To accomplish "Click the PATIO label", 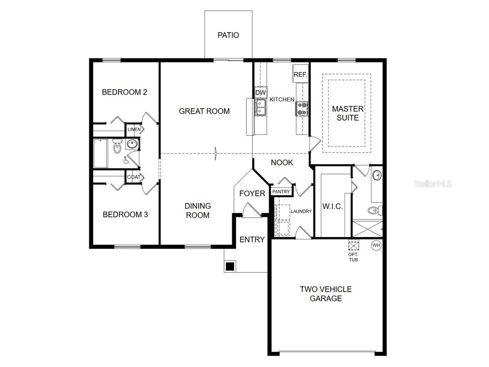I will click(228, 35).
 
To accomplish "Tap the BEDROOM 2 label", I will click(124, 92).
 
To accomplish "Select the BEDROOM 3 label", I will click(125, 214).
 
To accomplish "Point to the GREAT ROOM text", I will click(204, 111).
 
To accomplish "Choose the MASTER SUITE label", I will click(348, 113).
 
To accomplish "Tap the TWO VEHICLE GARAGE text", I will click(325, 294).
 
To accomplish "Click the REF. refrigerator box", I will click(300, 75).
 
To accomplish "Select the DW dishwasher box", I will click(261, 93).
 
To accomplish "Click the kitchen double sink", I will click(261, 108).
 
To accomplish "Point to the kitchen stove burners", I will click(301, 108).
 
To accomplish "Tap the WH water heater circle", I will click(376, 246).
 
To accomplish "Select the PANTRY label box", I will click(281, 192).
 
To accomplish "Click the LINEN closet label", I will click(134, 130).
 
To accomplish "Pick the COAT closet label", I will click(134, 177).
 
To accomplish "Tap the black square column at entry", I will click(230, 266).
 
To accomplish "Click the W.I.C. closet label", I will click(332, 207).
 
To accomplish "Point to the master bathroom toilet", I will click(374, 211).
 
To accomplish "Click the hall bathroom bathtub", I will click(101, 153).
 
